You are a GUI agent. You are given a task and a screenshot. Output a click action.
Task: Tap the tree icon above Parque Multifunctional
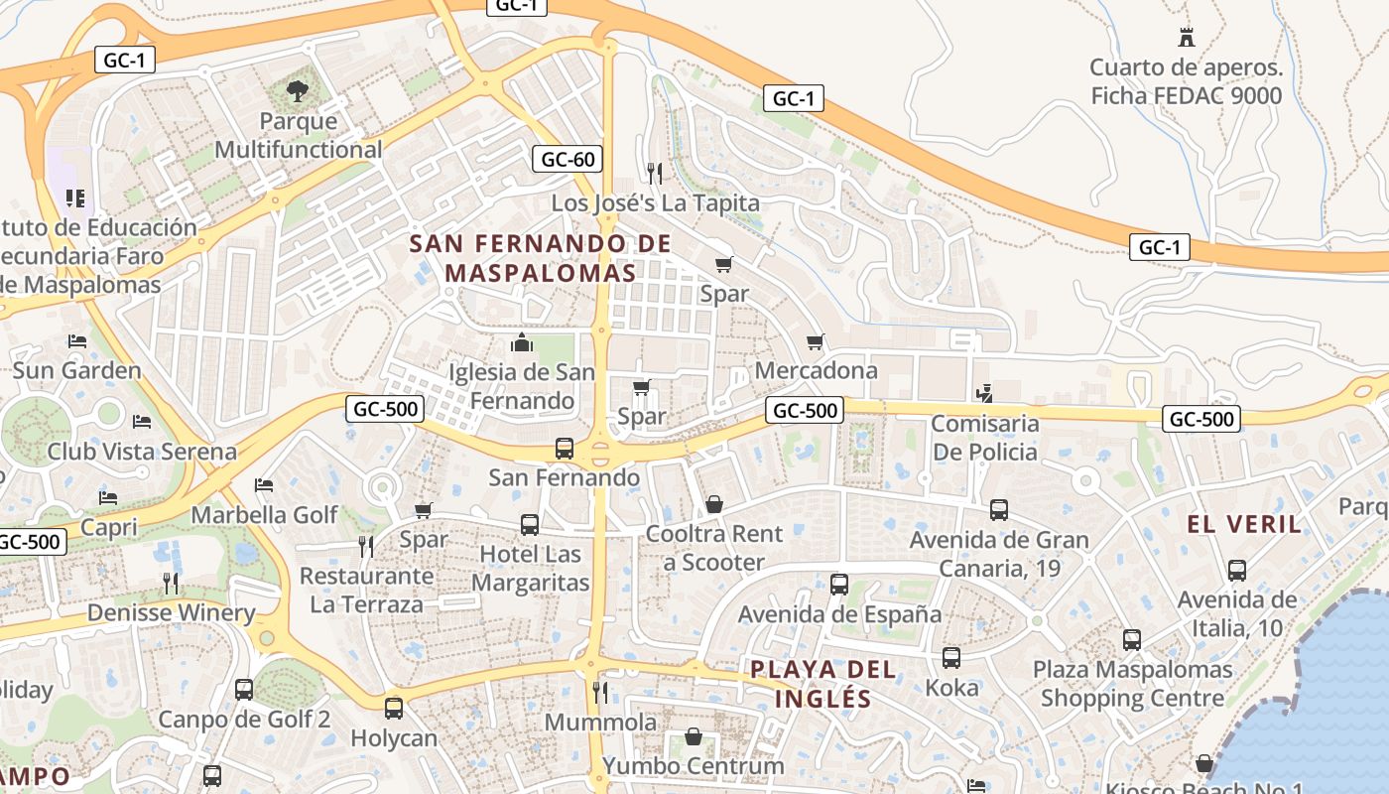point(297,91)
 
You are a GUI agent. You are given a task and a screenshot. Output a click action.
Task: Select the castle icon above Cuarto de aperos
point(1186,38)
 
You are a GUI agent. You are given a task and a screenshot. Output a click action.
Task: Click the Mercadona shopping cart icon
point(816,342)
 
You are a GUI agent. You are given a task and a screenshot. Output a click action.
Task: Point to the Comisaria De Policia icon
point(984,394)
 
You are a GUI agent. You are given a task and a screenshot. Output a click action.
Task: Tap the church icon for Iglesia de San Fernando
point(522,343)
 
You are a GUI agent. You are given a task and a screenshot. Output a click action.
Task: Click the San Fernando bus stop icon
point(564,449)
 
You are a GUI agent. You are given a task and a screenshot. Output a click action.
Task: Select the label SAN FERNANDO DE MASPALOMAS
point(541,258)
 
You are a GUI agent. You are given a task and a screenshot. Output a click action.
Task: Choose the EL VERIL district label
point(1244,524)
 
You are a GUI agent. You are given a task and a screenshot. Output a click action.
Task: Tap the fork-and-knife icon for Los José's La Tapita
point(654,174)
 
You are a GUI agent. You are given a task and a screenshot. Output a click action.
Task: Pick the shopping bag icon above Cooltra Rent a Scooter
point(713,505)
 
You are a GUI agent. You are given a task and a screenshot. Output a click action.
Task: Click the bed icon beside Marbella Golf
point(264,485)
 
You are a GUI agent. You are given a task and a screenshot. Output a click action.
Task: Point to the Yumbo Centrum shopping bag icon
point(694,737)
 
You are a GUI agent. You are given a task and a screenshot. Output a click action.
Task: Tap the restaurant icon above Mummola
point(600,692)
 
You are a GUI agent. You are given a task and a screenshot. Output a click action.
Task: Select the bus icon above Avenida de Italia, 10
point(1236,571)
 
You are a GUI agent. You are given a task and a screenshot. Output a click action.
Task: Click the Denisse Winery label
point(171,612)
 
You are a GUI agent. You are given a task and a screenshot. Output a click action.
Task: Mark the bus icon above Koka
point(950,658)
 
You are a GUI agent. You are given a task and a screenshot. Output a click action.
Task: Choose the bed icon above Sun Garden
point(77,341)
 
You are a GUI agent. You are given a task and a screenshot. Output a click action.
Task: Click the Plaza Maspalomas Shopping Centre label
point(1132,684)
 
